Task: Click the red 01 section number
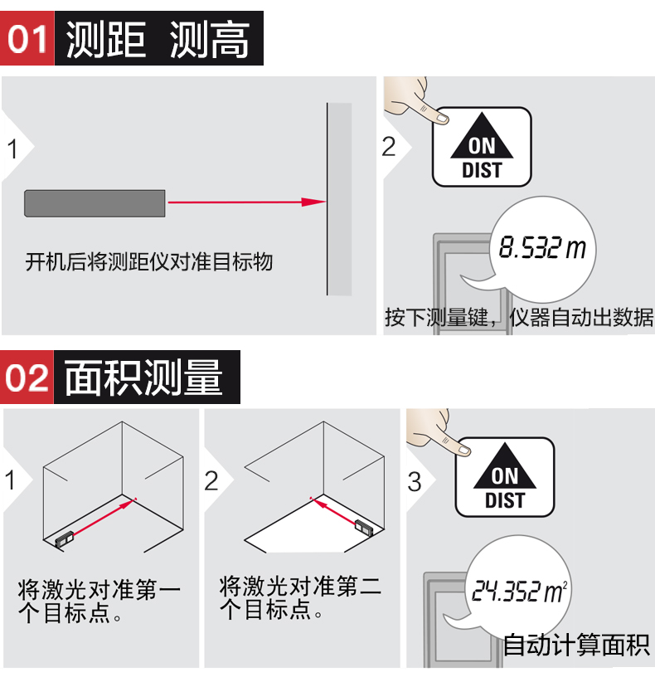tap(27, 39)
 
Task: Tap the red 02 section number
tap(27, 378)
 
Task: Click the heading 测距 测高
tap(158, 40)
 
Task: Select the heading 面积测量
tap(143, 378)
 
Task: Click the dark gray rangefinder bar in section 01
tap(95, 203)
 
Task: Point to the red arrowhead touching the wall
tap(313, 202)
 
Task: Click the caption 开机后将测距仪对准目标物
tap(149, 262)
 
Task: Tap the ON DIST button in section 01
tap(482, 147)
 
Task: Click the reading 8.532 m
tap(542, 247)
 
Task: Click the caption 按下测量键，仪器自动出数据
tap(519, 318)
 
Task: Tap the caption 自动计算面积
tap(576, 644)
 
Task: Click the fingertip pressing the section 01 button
tap(442, 118)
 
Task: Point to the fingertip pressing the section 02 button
tap(464, 451)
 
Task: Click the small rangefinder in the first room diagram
tap(65, 539)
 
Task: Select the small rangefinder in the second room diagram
tap(364, 527)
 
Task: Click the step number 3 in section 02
tap(415, 482)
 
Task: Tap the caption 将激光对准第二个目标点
tap(300, 597)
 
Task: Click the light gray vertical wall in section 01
tap(339, 199)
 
